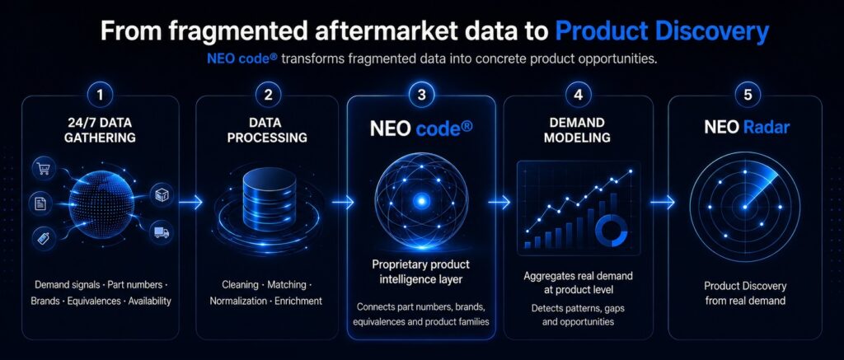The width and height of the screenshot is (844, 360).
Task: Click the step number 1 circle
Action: tap(100, 96)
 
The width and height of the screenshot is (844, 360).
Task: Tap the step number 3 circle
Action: tap(421, 96)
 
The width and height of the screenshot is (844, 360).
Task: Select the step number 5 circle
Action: tap(747, 96)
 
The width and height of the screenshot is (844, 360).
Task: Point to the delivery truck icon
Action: tap(161, 232)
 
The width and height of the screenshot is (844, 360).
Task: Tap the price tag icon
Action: tap(43, 236)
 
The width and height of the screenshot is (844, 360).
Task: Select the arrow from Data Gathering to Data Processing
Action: tap(190, 203)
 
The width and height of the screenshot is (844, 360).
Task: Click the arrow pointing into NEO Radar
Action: tap(662, 203)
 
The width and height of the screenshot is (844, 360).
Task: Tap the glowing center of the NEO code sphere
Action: tap(421, 201)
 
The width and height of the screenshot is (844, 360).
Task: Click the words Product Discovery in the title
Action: tap(662, 32)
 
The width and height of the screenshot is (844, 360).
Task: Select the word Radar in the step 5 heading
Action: tap(767, 128)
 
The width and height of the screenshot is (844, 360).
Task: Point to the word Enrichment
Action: tap(298, 301)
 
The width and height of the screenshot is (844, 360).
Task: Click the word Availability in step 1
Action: tap(149, 301)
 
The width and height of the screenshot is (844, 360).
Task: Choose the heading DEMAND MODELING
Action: tap(577, 130)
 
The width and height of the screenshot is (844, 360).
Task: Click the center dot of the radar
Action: tap(745, 207)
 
